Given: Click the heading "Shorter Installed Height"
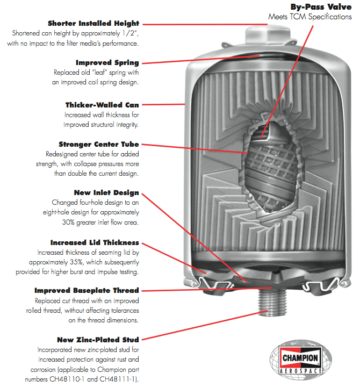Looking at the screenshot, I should point(93,24).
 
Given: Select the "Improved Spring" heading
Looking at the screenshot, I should point(107,63).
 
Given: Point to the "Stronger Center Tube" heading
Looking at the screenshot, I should point(99,145).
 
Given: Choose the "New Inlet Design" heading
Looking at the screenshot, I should point(107,192).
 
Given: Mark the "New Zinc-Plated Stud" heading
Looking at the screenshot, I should point(98,340).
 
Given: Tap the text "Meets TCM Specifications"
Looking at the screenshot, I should point(310,17).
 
